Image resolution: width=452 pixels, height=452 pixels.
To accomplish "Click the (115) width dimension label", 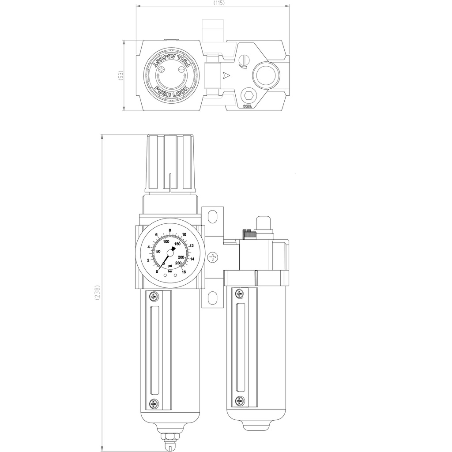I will [219, 3].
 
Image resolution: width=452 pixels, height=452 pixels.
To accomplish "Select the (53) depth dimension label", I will [121, 75].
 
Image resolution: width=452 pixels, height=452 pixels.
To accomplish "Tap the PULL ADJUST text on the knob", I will [170, 60].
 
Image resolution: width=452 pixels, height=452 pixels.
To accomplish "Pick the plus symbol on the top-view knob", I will [162, 69].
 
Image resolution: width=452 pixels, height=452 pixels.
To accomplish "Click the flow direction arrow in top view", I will [226, 75].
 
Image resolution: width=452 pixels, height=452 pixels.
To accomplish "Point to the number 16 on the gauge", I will [184, 272].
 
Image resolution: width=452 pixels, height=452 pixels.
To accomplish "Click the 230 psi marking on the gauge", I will [178, 263].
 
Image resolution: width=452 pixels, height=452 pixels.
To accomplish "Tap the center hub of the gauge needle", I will [170, 252].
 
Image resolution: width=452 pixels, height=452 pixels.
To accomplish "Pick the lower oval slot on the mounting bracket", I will [212, 298].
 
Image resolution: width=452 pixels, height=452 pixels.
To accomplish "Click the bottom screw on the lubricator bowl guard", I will [239, 400].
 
